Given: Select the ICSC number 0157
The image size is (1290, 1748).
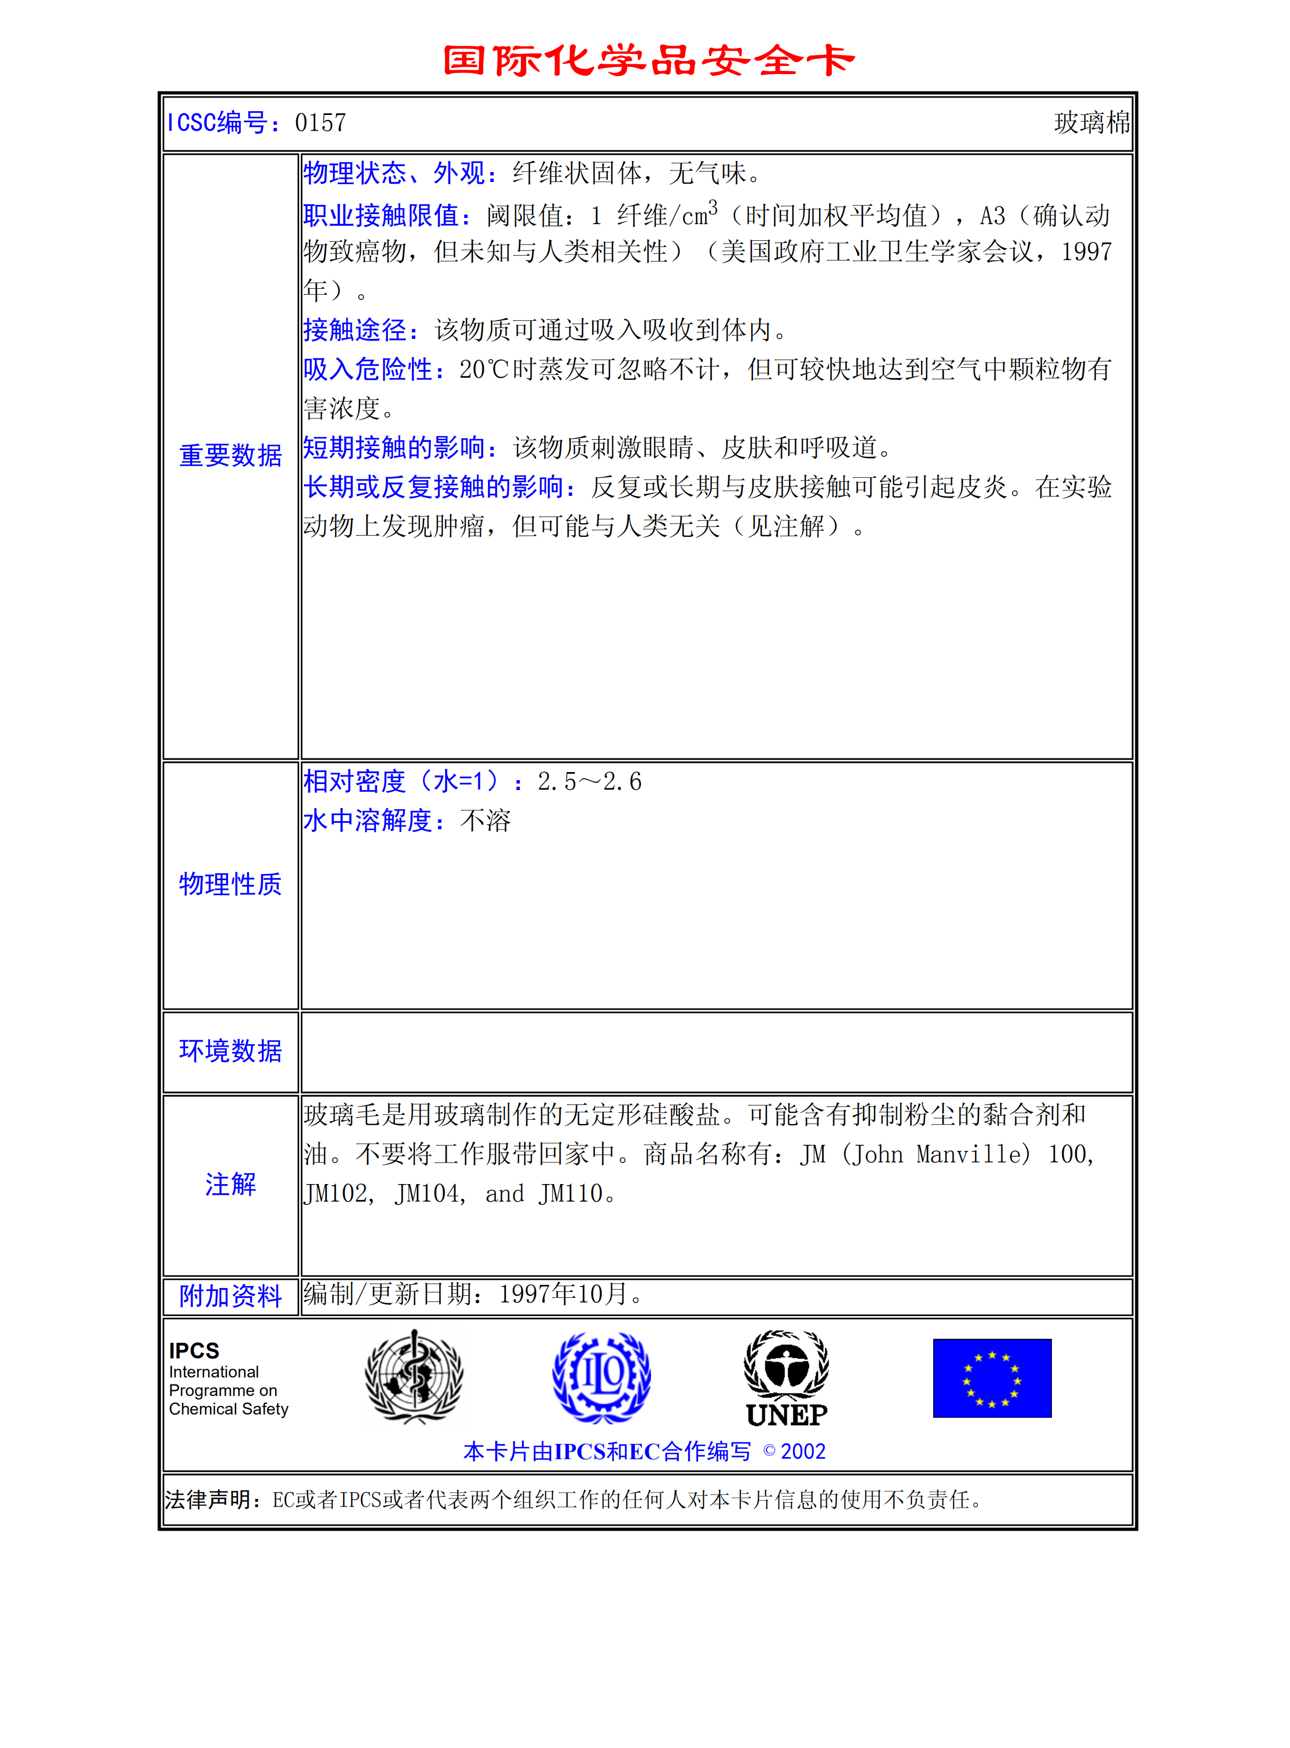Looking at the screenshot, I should pyautogui.click(x=320, y=123).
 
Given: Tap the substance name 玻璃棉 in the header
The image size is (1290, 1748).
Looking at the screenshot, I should pyautogui.click(x=1091, y=123).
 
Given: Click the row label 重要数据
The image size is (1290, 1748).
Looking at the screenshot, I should pyautogui.click(x=230, y=456).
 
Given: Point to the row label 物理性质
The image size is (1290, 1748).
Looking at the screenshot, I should pyautogui.click(x=230, y=884).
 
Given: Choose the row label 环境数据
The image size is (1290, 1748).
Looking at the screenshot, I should pyautogui.click(x=230, y=1051).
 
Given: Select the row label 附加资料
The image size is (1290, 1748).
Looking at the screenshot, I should pyautogui.click(x=230, y=1296).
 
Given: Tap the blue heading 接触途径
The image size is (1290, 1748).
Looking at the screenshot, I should pyautogui.click(x=355, y=330).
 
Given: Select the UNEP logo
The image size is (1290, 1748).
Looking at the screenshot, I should pyautogui.click(x=786, y=1379).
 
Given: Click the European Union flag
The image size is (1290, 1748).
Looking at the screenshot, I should pyautogui.click(x=991, y=1378).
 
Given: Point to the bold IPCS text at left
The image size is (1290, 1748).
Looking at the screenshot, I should pyautogui.click(x=194, y=1350).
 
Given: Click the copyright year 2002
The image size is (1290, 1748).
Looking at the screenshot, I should pyautogui.click(x=803, y=1451).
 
